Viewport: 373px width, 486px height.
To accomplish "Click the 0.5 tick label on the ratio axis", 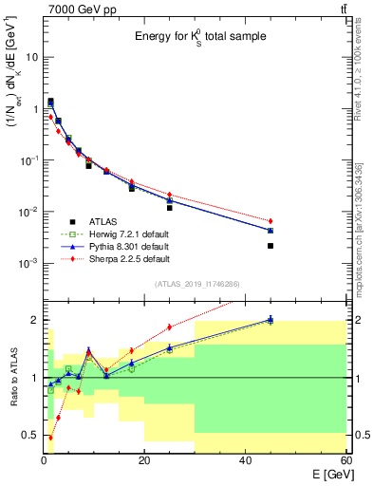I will coord(31,435).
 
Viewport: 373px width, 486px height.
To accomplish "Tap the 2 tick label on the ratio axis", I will coord(35,320).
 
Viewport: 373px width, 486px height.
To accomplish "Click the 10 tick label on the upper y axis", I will coord(31,57).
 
